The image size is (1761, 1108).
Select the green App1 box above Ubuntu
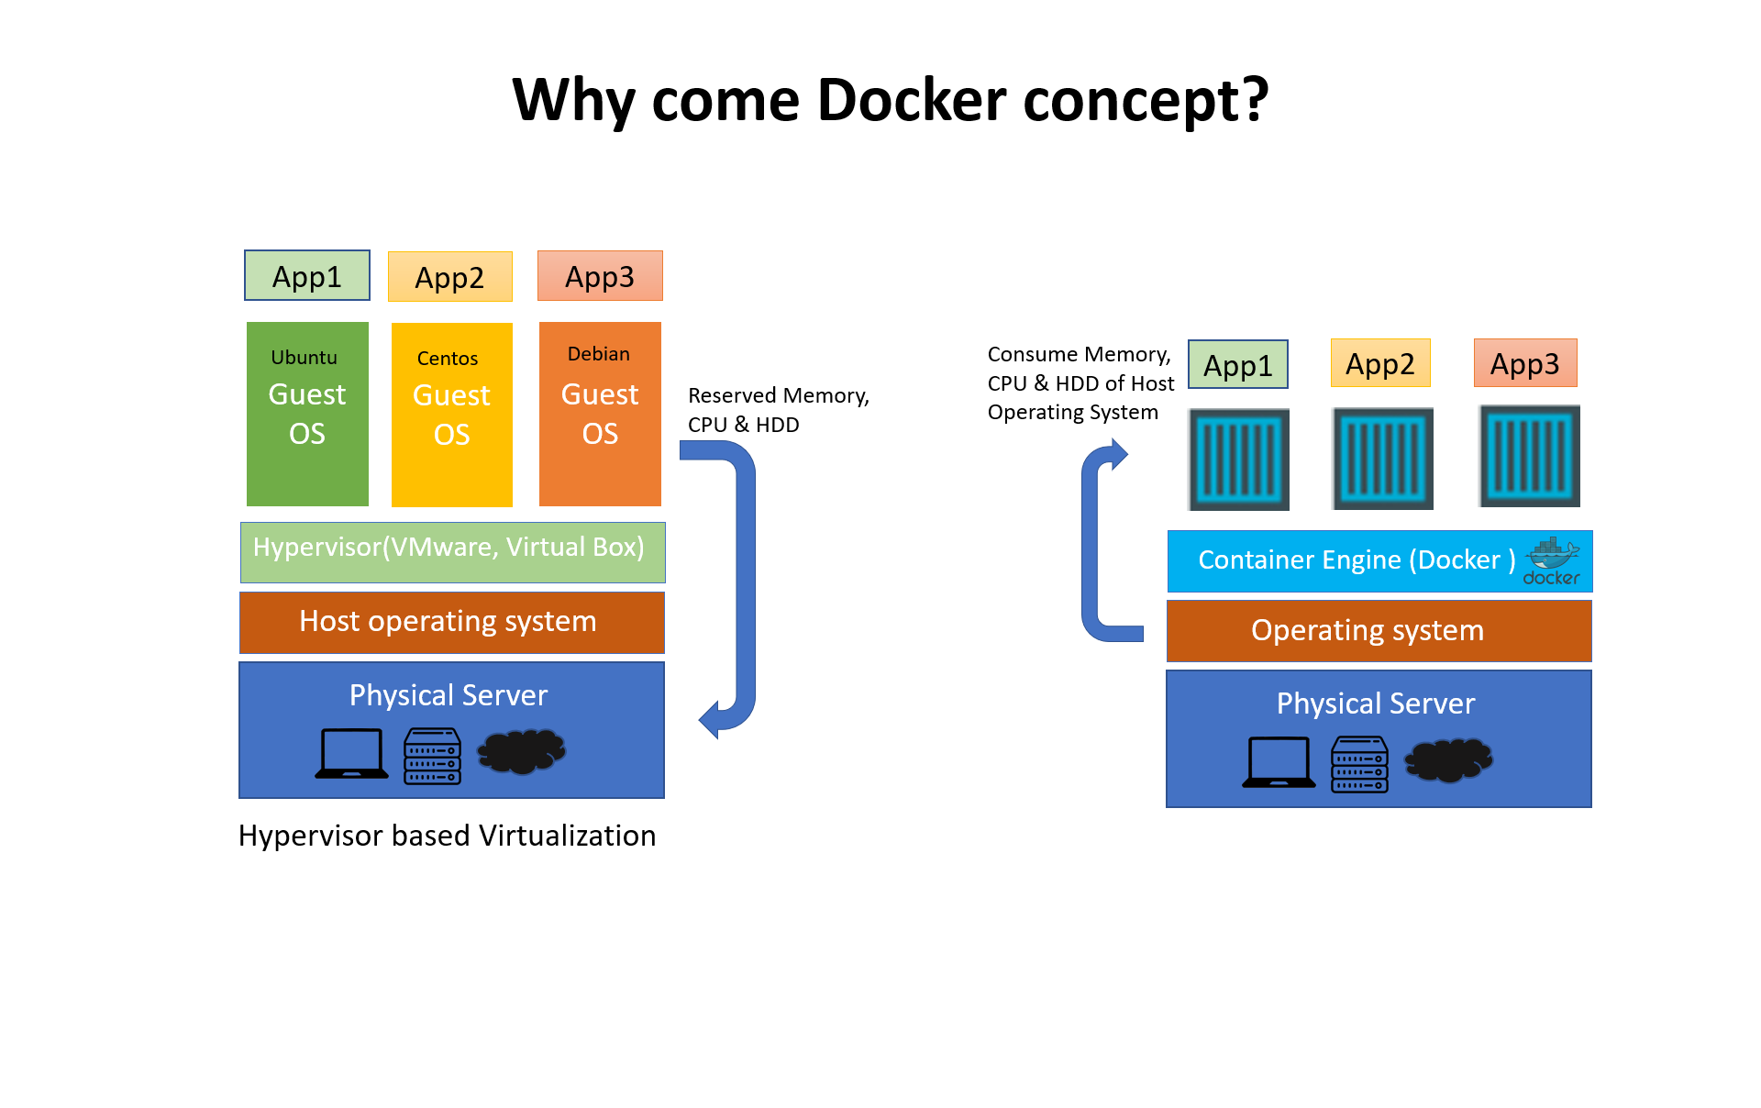[x=307, y=276]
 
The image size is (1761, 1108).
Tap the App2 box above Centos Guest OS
[x=449, y=277]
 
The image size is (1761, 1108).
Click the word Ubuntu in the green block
[x=304, y=358]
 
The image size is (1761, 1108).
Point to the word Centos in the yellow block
[x=448, y=359]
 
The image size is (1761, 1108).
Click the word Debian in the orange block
[x=598, y=354]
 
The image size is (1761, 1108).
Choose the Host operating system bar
[x=451, y=622]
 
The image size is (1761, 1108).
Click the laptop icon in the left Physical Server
[x=351, y=754]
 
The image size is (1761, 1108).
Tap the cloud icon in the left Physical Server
[x=521, y=751]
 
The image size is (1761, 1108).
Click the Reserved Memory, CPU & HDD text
[x=778, y=409]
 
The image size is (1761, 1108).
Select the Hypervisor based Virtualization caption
[x=447, y=836]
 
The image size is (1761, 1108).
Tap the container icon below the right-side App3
[x=1529, y=457]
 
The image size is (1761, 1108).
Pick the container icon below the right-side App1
[x=1238, y=460]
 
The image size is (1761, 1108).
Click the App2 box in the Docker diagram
[x=1380, y=364]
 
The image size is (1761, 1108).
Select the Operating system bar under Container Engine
[x=1379, y=631]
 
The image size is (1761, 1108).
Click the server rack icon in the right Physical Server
[x=1359, y=764]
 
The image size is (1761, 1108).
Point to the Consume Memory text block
[x=1080, y=383]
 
